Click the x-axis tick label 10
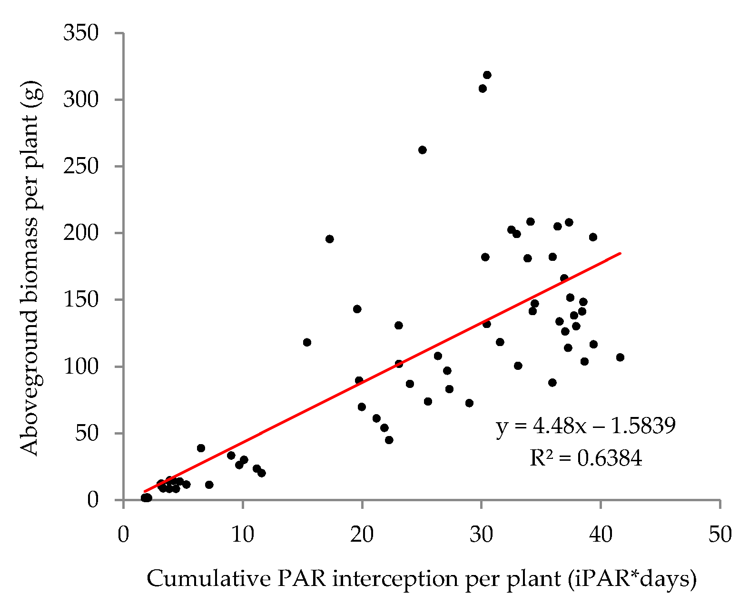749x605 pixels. [x=243, y=535]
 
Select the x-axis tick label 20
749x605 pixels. [x=362, y=535]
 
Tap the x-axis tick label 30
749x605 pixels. [x=482, y=535]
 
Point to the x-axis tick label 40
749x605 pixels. [x=601, y=535]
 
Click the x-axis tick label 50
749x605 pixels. [x=720, y=535]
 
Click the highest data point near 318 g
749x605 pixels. [x=487, y=75]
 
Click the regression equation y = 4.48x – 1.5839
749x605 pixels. [x=586, y=426]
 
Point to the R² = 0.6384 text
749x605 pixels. [x=586, y=458]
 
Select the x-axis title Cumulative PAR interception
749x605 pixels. [x=422, y=579]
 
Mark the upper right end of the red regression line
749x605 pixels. [x=620, y=253]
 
